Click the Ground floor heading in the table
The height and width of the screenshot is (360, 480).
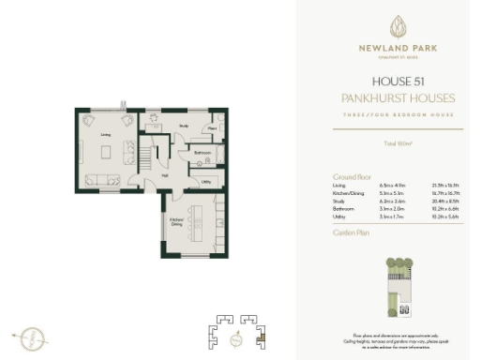tap(347, 176)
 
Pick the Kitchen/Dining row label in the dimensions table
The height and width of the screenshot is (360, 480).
tap(346, 192)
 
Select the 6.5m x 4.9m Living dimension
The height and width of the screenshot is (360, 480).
tap(388, 185)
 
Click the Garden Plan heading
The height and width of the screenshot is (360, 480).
tap(348, 231)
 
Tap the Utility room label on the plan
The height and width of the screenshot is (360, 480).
tap(205, 181)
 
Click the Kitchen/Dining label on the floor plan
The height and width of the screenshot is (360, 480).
tap(175, 222)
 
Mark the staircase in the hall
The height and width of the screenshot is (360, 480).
tap(157, 152)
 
